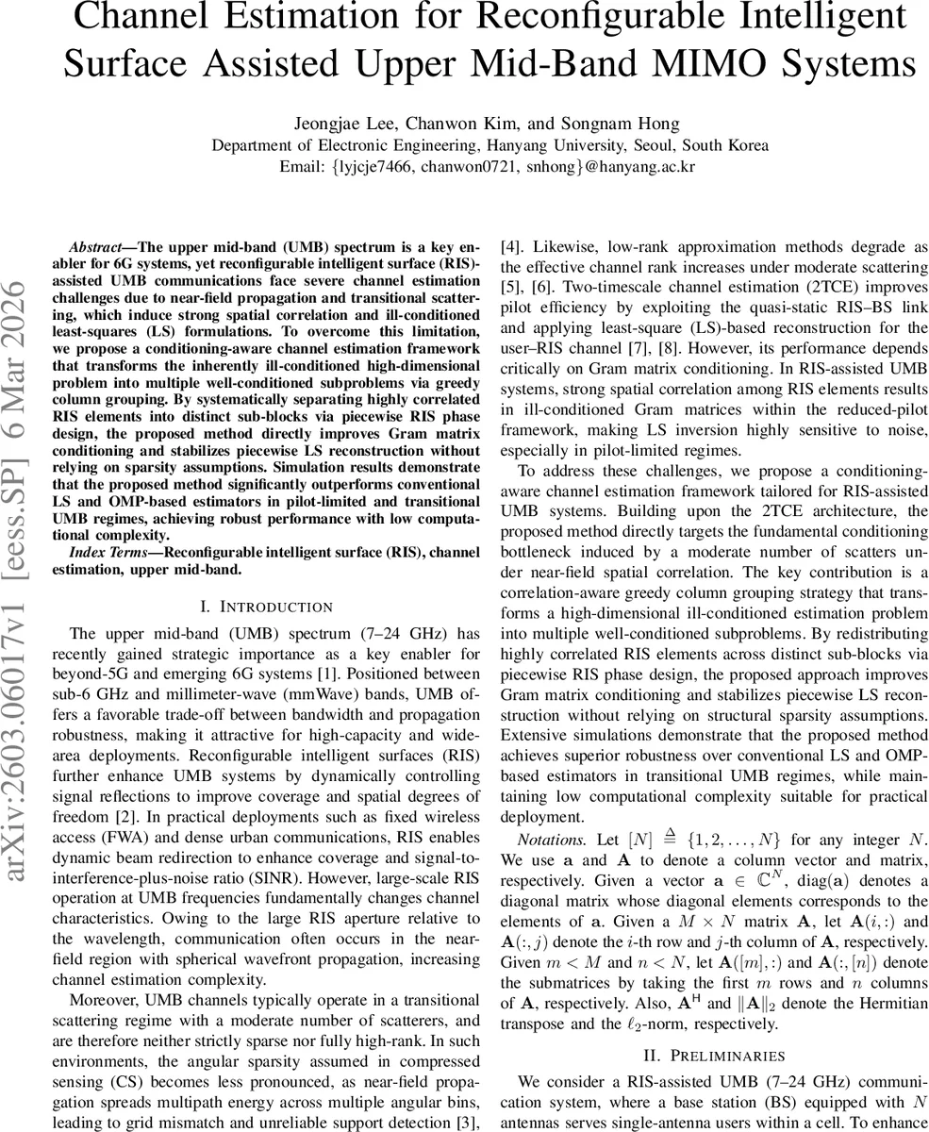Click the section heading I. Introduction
click(x=249, y=607)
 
